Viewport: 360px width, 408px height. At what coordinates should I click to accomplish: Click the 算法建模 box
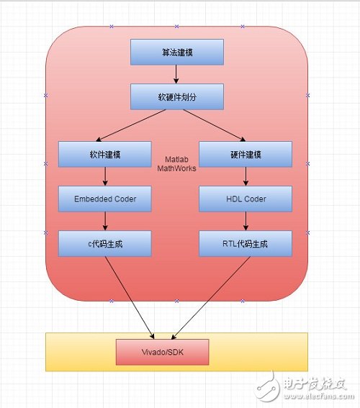177,52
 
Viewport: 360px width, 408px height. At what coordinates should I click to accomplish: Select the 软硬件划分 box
177,96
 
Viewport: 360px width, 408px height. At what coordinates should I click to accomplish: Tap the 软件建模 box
105,154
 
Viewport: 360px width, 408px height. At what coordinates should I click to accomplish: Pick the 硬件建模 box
246,154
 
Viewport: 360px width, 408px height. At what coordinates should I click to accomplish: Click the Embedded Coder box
105,199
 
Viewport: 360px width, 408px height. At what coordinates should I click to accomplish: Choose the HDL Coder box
246,199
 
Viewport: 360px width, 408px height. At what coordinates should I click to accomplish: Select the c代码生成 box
105,243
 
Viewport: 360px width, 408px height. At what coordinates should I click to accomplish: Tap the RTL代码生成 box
246,243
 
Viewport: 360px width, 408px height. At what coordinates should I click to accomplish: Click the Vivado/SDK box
163,352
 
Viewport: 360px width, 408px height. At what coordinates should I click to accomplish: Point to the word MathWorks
176,168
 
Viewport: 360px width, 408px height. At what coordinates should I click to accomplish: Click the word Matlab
176,159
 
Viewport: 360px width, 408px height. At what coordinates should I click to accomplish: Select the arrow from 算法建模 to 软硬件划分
176,74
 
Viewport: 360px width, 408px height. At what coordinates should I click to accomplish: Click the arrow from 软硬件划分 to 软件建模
131,125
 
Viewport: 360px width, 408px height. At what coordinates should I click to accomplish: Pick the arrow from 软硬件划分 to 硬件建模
215,125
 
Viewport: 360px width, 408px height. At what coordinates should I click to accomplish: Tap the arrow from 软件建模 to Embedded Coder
105,176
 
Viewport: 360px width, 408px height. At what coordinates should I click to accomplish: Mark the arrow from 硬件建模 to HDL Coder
246,176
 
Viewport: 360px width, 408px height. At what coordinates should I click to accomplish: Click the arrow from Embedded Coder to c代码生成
105,221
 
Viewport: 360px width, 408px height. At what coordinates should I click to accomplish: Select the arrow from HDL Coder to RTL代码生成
246,221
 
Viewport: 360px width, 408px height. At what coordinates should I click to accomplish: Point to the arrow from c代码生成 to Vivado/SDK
130,298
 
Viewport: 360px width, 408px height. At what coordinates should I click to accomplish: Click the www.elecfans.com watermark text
320,396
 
